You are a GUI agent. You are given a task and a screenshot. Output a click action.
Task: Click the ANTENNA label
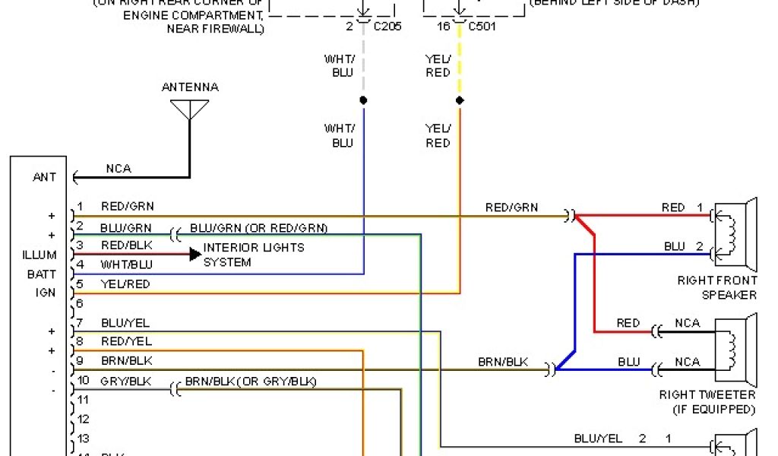pos(190,87)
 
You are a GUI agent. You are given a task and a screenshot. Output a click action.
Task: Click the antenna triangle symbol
pos(190,110)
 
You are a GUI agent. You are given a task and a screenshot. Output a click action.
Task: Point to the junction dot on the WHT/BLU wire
pos(363,100)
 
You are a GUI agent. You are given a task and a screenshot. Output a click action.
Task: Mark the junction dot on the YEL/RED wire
pos(459,100)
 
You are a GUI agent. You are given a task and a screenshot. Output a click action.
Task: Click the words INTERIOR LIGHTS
pos(254,248)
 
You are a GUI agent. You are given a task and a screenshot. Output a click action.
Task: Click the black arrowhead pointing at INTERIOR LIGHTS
pos(195,254)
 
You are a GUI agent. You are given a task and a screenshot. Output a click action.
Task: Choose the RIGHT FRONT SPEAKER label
pos(717,288)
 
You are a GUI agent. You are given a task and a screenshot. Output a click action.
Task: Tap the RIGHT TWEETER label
pos(707,395)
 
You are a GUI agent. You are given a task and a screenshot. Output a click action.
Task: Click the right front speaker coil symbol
pos(732,235)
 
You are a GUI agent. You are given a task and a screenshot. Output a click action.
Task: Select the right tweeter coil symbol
pos(732,349)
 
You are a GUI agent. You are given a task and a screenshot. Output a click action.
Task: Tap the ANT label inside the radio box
pos(44,178)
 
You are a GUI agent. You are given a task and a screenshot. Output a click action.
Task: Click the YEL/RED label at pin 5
pos(125,284)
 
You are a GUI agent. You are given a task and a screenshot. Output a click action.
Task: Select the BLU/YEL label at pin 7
pos(125,323)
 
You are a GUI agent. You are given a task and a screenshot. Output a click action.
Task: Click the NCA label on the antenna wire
pos(118,168)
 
